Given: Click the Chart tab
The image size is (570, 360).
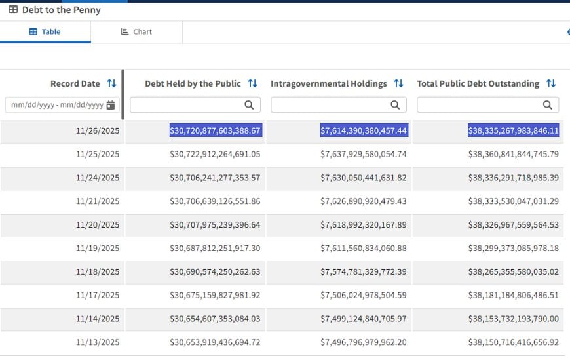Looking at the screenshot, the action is pos(136,32).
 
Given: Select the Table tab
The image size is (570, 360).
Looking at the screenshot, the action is pos(45,32).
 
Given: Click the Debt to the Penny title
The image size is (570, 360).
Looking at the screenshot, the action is pos(61,10).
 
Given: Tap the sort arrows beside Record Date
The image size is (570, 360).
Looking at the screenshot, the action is pos(111,83).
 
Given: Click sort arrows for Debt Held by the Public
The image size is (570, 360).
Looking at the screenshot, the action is pos(253,83).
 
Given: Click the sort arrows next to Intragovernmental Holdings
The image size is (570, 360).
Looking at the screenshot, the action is pos(399,83).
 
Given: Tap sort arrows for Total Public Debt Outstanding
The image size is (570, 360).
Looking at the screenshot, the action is pos(551,83).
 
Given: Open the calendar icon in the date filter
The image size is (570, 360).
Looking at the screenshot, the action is pos(111,105).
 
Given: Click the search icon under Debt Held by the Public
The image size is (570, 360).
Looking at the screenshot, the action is pos(249,105).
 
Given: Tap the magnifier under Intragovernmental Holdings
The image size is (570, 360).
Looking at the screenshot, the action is pos(395,105).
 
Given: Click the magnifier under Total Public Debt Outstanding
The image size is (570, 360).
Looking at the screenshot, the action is pos(548,105).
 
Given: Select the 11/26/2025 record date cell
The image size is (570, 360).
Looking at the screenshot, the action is pos(98,130).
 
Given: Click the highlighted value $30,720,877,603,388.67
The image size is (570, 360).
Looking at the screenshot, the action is pos(216,130).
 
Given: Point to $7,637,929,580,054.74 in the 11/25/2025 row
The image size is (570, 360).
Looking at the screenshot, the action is pos(364,154).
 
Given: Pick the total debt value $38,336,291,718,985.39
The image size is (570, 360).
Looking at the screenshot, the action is pos(513,178).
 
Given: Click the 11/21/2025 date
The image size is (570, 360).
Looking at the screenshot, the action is pos(98,201).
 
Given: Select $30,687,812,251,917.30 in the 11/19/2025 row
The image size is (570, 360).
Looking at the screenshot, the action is pos(215,249).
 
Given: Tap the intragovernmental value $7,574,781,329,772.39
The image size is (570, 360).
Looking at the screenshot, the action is pos(364,272).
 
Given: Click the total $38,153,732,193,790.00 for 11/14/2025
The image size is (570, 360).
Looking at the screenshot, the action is pos(513,319).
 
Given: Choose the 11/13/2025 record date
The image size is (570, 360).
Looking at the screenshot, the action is pos(98,342).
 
